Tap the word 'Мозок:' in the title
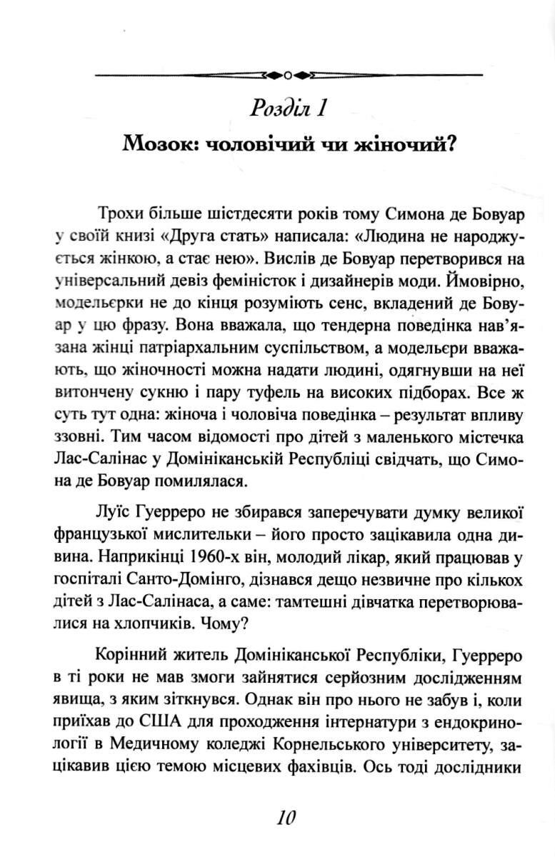[159, 145]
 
